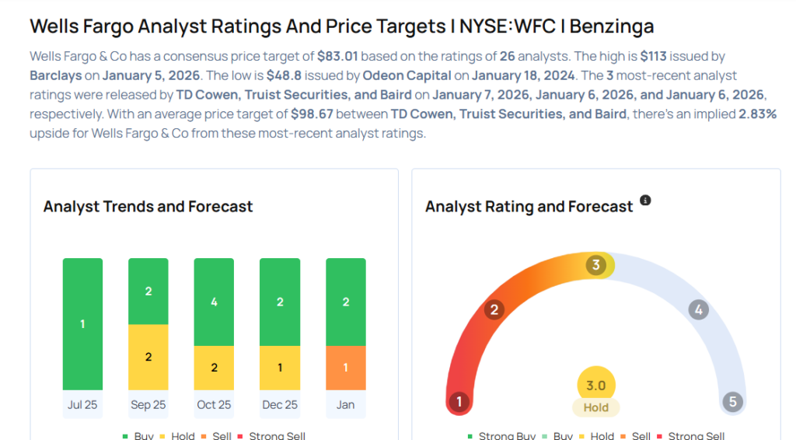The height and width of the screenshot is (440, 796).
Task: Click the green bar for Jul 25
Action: pyautogui.click(x=82, y=323)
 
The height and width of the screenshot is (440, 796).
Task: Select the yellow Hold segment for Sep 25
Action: pyautogui.click(x=148, y=357)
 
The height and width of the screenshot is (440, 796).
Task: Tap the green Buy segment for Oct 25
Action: pyautogui.click(x=214, y=302)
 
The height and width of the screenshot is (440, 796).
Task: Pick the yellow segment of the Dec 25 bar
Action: pyautogui.click(x=280, y=368)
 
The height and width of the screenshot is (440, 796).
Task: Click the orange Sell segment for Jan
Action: pyautogui.click(x=345, y=368)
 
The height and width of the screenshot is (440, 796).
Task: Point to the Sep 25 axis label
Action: pyautogui.click(x=148, y=404)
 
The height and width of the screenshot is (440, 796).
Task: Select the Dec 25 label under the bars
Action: pyautogui.click(x=280, y=404)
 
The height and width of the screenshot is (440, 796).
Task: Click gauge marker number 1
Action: pyautogui.click(x=459, y=402)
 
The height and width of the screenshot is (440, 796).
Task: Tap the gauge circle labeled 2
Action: pyautogui.click(x=493, y=310)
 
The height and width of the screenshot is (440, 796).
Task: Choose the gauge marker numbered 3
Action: pyautogui.click(x=596, y=265)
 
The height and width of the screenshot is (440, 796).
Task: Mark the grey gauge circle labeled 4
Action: pyautogui.click(x=699, y=310)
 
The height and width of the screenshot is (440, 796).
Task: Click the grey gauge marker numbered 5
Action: pyautogui.click(x=732, y=402)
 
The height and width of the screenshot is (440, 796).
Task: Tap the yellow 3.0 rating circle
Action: pyautogui.click(x=596, y=386)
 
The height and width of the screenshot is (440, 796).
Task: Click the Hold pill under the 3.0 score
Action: pyautogui.click(x=596, y=407)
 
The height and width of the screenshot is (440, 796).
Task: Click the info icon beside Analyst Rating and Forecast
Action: pyautogui.click(x=645, y=201)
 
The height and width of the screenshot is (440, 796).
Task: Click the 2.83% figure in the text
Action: pyautogui.click(x=754, y=114)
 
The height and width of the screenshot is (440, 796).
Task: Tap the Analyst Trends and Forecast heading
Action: pyautogui.click(x=148, y=206)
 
